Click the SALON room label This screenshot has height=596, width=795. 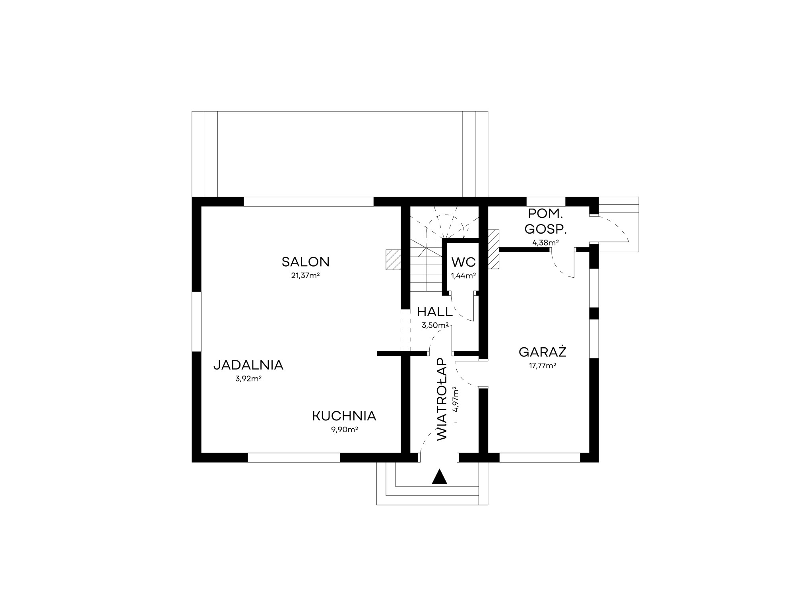click(306, 262)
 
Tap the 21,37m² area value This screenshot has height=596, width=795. click(306, 275)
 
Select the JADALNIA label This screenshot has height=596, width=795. click(248, 365)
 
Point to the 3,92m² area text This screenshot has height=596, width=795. click(248, 379)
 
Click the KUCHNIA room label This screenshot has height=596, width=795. click(344, 416)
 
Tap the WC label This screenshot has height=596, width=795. click(463, 262)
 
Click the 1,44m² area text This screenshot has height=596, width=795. click(463, 275)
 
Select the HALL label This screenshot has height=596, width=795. click(435, 312)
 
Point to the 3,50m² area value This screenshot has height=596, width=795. click(435, 325)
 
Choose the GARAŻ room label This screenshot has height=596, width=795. click(543, 352)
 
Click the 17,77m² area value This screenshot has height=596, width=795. click(543, 366)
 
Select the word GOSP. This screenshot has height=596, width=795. click(545, 229)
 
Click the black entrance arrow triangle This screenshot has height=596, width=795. click(439, 476)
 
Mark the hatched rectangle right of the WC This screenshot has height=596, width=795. click(494, 250)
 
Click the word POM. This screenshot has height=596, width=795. click(545, 214)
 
